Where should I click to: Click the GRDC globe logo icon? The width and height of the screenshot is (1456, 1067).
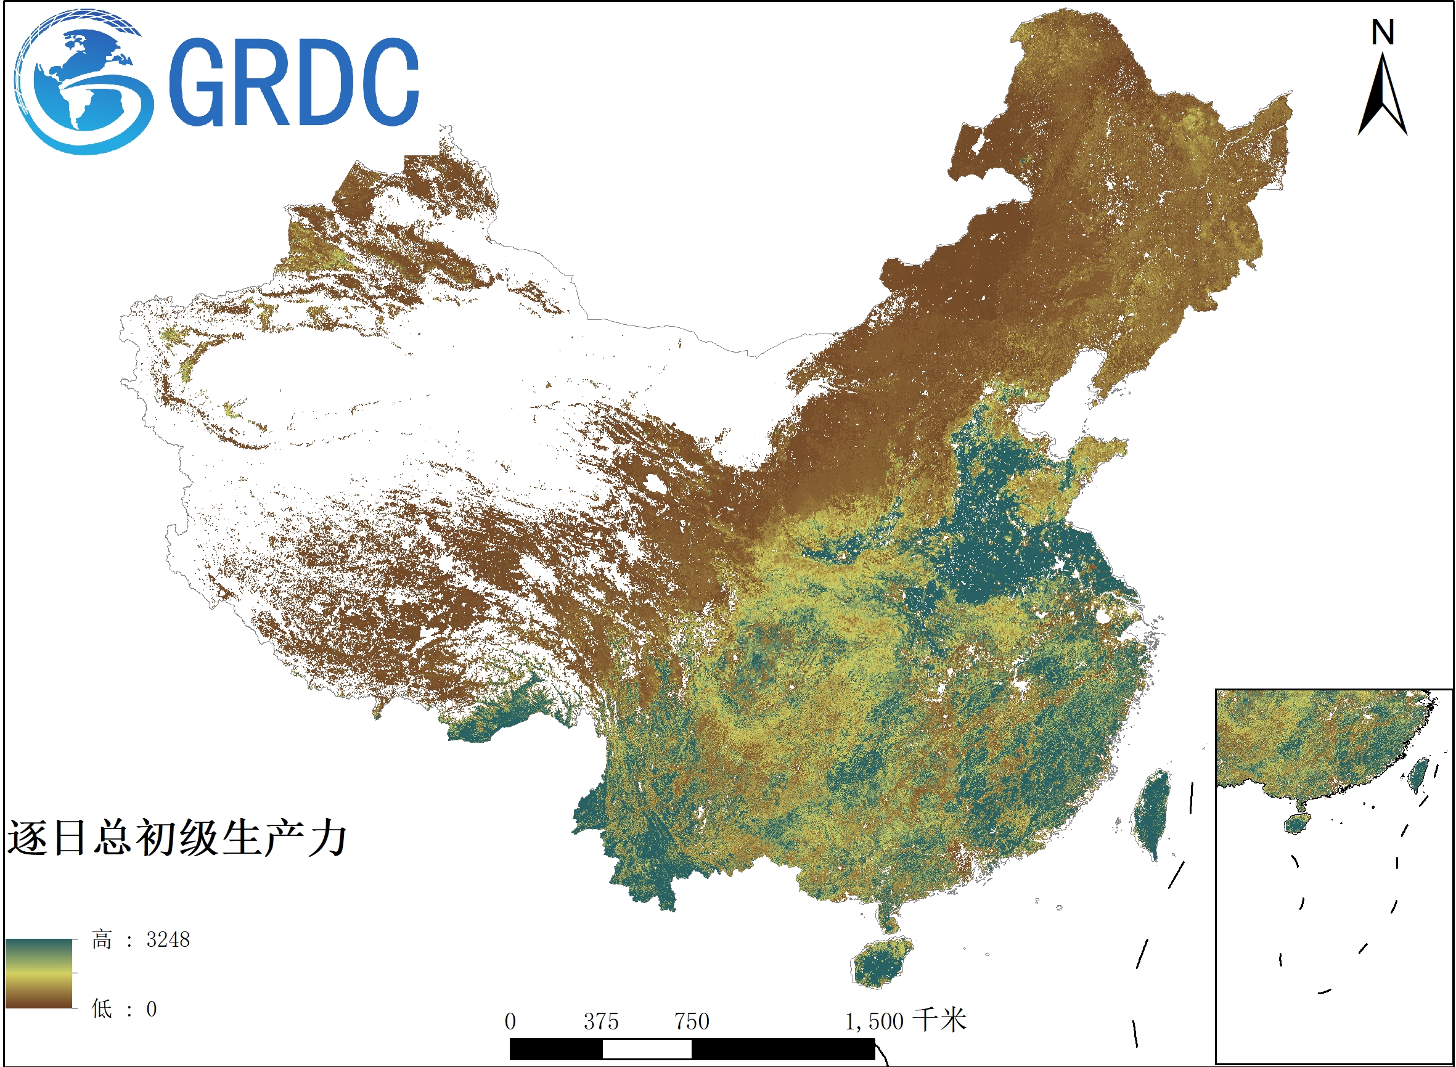83,82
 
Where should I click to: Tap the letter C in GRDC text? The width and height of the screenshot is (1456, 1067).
387,82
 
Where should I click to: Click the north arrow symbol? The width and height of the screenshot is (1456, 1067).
1383,97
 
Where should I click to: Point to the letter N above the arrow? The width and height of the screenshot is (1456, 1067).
1383,32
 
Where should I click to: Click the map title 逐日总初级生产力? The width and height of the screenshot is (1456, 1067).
177,838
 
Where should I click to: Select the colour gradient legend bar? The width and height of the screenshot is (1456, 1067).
39,973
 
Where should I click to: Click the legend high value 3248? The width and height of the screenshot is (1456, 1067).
168,940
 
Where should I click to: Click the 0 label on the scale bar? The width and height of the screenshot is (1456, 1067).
510,1022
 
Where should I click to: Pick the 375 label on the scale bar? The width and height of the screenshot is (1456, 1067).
602,1022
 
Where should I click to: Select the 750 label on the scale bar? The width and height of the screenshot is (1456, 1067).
692,1022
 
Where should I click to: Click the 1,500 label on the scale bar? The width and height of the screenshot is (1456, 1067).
874,1022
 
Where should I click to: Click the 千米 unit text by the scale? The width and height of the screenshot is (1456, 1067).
941,1021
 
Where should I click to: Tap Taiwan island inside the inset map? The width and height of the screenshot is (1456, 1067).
1418,774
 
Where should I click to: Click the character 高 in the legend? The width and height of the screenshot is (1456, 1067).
102,940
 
